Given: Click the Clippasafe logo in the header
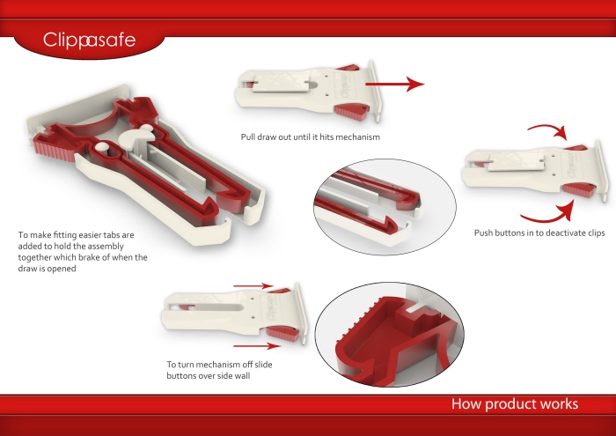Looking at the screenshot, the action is (x=89, y=41).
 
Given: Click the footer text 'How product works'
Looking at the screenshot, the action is (x=515, y=404).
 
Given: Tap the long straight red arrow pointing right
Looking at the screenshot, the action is (x=395, y=84).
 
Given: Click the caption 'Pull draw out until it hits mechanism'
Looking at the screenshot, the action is (x=311, y=137).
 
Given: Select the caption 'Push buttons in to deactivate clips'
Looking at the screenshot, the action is (x=539, y=233).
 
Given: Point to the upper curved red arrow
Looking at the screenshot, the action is (x=549, y=129).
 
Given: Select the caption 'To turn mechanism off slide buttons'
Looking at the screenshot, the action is (x=219, y=370).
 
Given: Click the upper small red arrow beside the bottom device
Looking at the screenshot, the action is (x=253, y=285).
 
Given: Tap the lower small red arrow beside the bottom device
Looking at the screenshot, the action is (x=257, y=346).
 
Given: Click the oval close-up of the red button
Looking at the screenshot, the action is (x=390, y=335).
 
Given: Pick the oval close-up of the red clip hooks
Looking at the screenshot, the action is (x=385, y=207).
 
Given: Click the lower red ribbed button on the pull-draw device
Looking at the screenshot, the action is (x=352, y=112).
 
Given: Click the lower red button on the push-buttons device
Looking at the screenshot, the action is (x=578, y=190).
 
